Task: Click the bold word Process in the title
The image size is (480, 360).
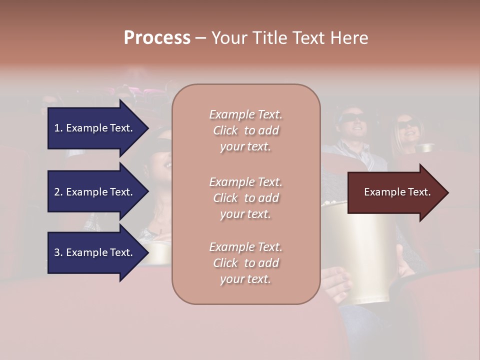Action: [x=157, y=38]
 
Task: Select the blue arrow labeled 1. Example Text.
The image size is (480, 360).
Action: [x=95, y=128]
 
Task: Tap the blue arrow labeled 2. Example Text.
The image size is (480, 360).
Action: [x=95, y=192]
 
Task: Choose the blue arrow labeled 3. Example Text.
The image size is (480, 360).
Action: [x=95, y=252]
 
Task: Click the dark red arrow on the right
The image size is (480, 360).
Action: [x=395, y=192]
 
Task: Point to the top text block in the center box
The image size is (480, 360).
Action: [x=245, y=130]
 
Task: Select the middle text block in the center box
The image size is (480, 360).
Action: [x=245, y=198]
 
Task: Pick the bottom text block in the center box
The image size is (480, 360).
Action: [x=245, y=263]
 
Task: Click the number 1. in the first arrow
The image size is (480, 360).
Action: [x=58, y=128]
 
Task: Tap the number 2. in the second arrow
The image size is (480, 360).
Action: [x=58, y=192]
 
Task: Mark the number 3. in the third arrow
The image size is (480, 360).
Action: [x=58, y=252]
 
